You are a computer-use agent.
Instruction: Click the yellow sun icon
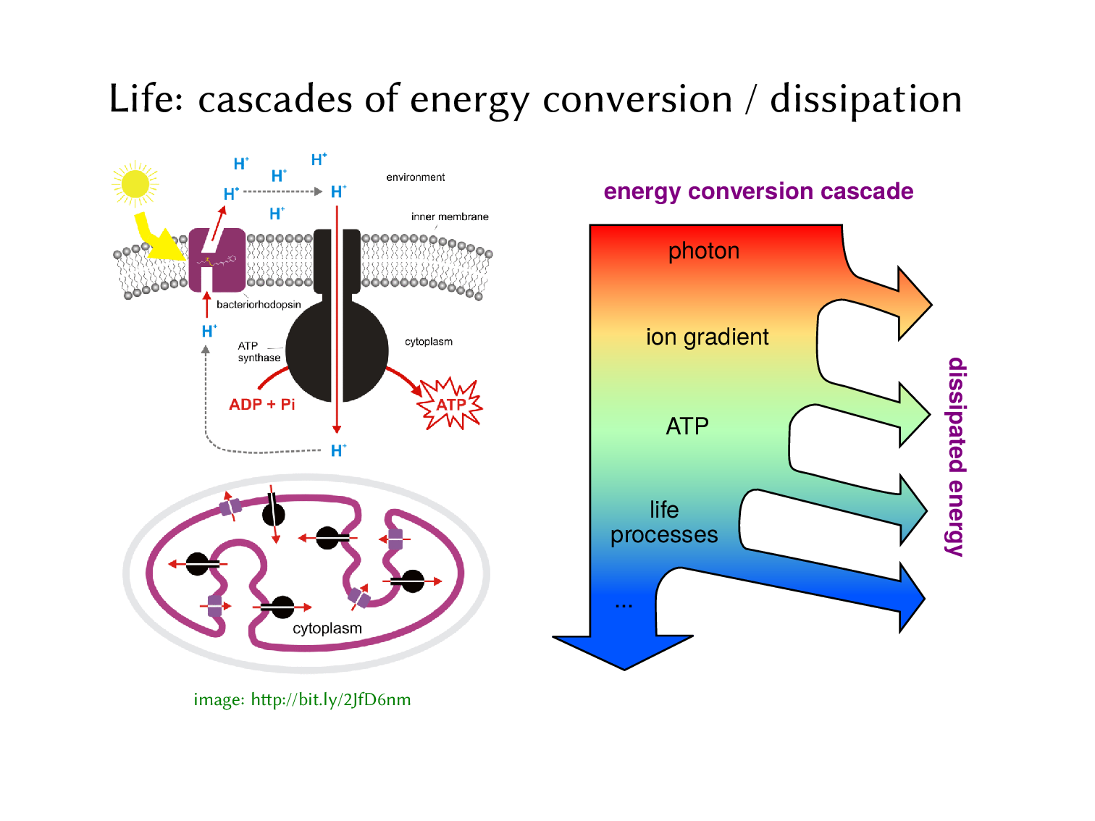pos(135,184)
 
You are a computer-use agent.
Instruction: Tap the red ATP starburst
pos(450,404)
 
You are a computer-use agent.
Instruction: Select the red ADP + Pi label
pos(261,404)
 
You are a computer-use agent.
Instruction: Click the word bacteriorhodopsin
pos(259,304)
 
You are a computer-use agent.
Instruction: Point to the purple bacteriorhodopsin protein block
pos(217,260)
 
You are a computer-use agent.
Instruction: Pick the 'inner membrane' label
pos(449,216)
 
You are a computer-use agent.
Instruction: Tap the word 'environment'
pos(415,177)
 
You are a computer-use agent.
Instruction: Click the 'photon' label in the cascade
pos(703,251)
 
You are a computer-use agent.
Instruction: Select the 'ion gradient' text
pos(707,337)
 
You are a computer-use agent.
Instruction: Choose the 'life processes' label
pos(664,522)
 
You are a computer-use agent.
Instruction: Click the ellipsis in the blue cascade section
pos(624,604)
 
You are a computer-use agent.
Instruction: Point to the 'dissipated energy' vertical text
pos(956,457)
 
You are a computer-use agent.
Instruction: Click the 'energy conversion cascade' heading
pos(758,191)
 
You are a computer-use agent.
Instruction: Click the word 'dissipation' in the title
pos(865,99)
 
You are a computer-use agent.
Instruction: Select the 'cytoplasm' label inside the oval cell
pos(327,628)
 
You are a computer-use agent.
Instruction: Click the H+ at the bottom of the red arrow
pos(338,450)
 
